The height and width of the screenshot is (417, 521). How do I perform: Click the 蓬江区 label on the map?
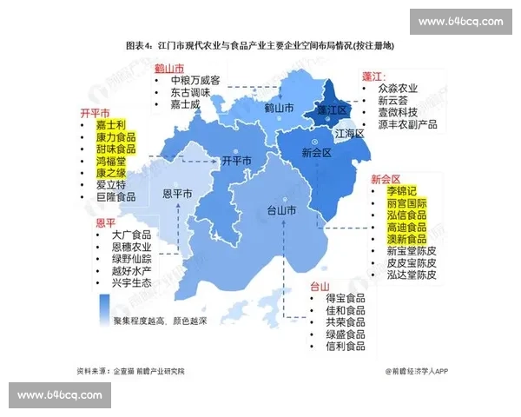click(332, 110)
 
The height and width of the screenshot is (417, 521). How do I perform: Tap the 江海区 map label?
click(348, 134)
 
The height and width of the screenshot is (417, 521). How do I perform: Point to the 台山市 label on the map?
click(280, 211)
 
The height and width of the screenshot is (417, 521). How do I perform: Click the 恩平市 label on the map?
click(180, 193)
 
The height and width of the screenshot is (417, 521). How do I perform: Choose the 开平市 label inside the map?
click(236, 161)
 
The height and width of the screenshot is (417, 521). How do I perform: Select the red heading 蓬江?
click(373, 76)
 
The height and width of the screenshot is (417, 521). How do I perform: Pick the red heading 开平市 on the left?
click(95, 113)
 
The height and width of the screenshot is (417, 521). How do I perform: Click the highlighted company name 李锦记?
click(402, 190)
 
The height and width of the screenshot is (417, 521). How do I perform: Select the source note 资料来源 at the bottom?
click(130, 371)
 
